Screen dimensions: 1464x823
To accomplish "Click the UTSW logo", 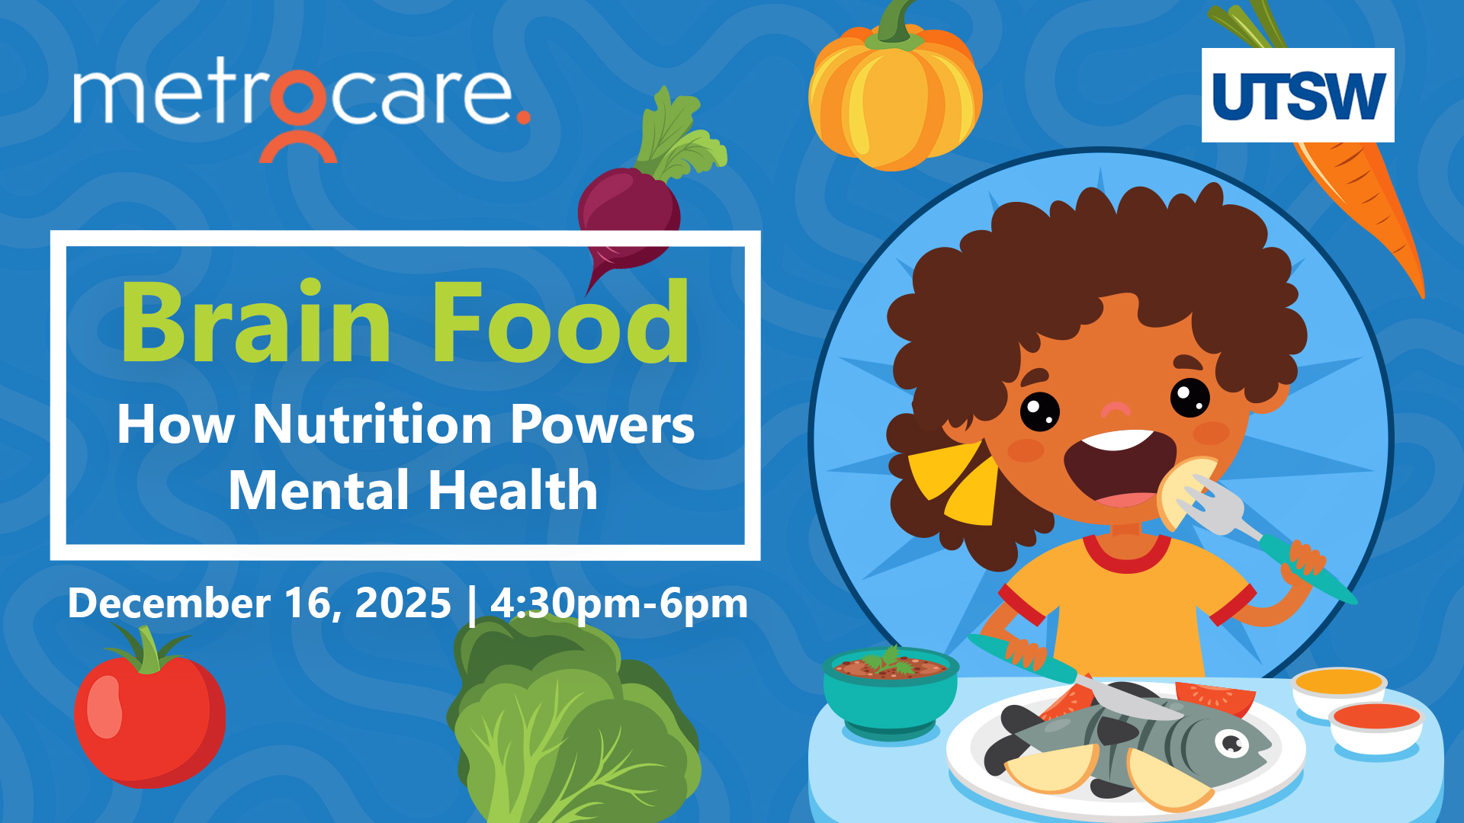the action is pyautogui.click(x=1298, y=95).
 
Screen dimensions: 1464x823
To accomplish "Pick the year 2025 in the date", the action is pyautogui.click(x=403, y=603).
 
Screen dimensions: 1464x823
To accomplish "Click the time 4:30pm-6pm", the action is pyautogui.click(x=619, y=604).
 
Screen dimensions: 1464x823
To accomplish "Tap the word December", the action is pyautogui.click(x=169, y=603).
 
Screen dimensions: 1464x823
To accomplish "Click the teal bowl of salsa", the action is pyautogui.click(x=890, y=690).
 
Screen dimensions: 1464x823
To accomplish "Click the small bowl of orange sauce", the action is pyautogui.click(x=1339, y=690).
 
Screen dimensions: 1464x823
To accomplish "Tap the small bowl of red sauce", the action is pyautogui.click(x=1376, y=728).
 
